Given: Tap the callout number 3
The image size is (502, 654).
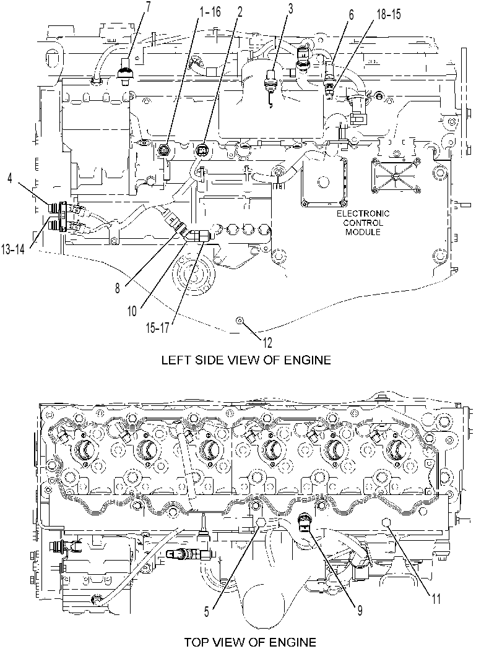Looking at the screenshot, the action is tap(290, 9).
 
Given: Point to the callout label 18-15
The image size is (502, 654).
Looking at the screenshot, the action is tap(389, 14).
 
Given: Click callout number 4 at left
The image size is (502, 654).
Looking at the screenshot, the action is tap(10, 178).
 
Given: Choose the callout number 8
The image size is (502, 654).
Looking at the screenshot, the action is tap(118, 288).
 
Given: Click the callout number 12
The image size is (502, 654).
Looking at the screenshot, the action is tap(267, 342).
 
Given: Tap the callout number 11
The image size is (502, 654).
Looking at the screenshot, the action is tap(436, 599).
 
